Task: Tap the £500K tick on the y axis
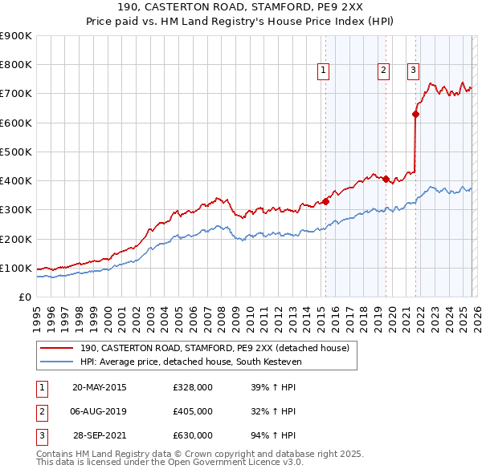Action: [16, 152]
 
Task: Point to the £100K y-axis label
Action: [16, 268]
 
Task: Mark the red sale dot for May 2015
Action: [326, 201]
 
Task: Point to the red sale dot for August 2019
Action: [386, 179]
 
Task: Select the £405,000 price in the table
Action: [193, 411]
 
